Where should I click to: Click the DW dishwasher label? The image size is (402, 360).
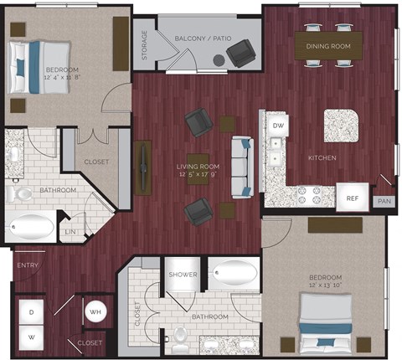(277, 125)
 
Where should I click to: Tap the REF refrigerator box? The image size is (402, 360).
(352, 198)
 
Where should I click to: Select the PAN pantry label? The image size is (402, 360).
(384, 201)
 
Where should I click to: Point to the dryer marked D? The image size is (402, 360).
(31, 311)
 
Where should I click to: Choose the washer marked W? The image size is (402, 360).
(31, 337)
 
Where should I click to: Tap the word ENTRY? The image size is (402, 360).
(28, 266)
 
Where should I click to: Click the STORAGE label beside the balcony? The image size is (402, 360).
(144, 45)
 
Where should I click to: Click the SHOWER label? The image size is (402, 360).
(182, 275)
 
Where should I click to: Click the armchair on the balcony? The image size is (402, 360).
(241, 53)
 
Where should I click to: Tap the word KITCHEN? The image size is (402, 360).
(322, 157)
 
